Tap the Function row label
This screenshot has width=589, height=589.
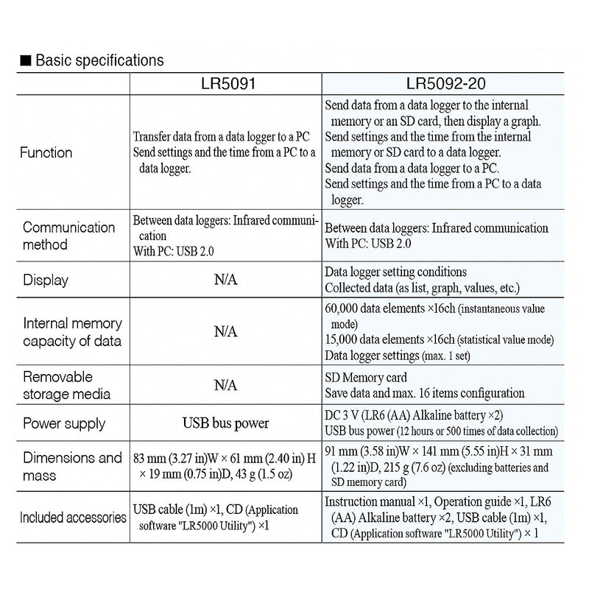pos(47,152)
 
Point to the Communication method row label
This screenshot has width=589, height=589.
pos(68,236)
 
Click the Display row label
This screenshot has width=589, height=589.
pos(45,280)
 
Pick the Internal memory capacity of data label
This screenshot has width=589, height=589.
pos(72,332)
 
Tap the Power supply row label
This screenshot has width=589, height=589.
pos(64,423)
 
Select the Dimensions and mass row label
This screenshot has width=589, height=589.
pos(72,466)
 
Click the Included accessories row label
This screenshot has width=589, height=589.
pos(73,517)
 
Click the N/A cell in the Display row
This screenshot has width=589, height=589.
pos(225,280)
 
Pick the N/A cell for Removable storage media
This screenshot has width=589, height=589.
pos(225,384)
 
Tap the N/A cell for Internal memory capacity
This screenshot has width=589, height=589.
pos(225,332)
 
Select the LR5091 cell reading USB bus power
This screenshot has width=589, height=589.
pos(225,423)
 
